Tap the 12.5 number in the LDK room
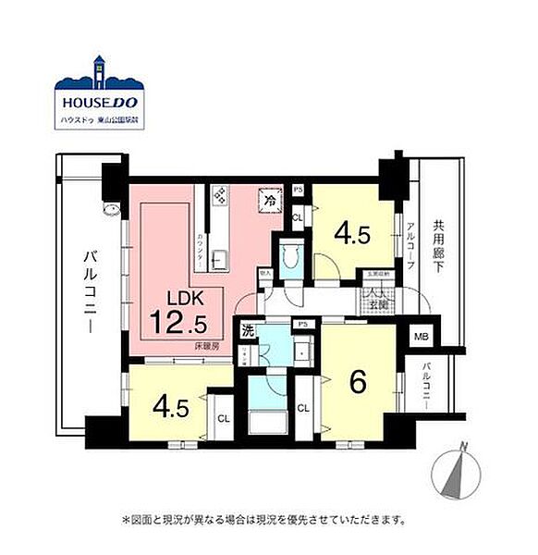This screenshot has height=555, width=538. (x=186, y=323)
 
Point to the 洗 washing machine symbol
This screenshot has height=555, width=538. (x=248, y=329)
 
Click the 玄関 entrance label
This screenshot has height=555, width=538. (x=378, y=302)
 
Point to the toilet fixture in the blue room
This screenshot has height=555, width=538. (x=289, y=255)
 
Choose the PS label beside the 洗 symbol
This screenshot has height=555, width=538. (x=302, y=324)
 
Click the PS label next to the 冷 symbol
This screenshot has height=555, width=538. (x=298, y=191)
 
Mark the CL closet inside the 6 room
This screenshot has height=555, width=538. (x=303, y=408)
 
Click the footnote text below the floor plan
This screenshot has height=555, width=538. (x=263, y=521)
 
